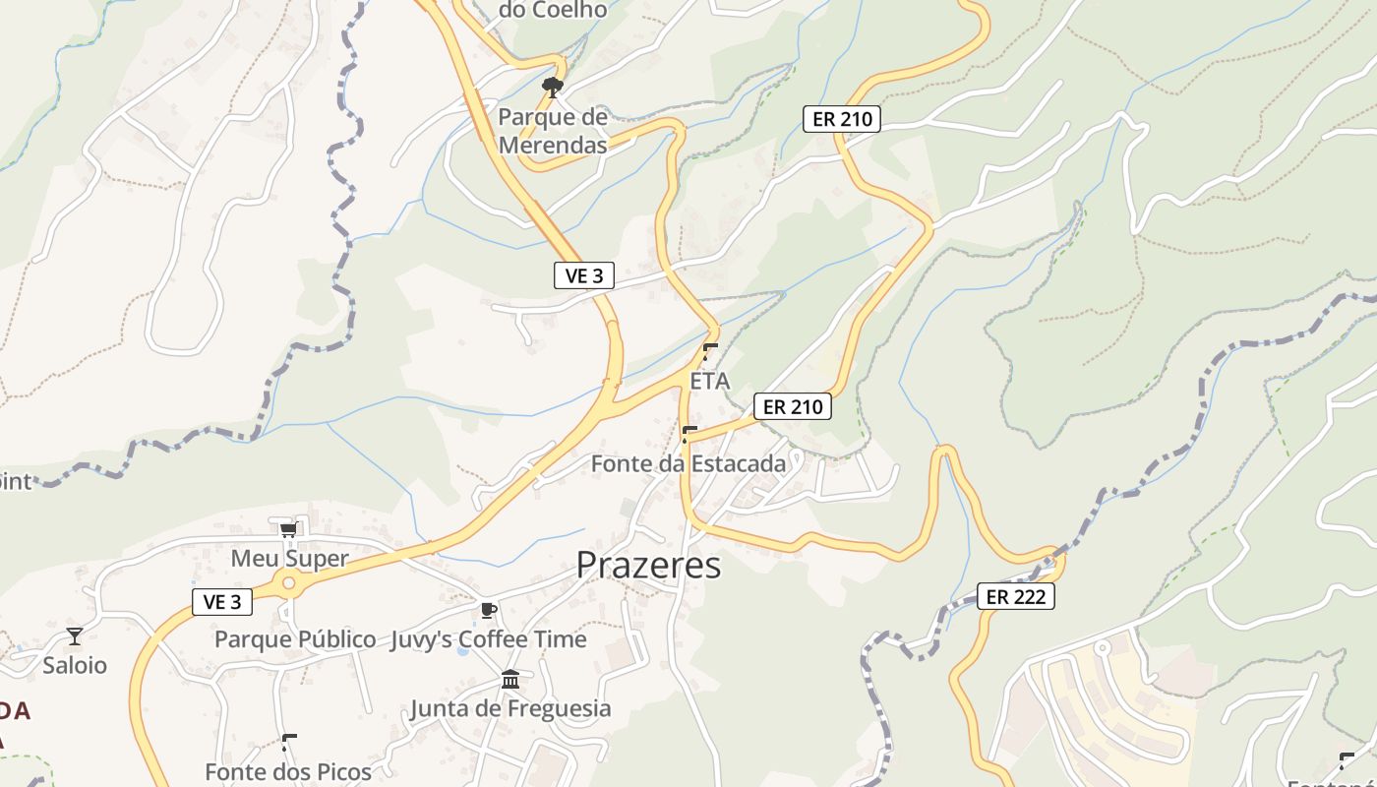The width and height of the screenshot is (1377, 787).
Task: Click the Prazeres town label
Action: click(648, 566)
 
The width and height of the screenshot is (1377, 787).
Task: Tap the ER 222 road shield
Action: click(1016, 596)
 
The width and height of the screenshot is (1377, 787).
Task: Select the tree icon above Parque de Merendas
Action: click(553, 88)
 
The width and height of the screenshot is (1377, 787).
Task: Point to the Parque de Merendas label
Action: click(552, 131)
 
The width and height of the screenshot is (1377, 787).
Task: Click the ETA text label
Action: click(710, 381)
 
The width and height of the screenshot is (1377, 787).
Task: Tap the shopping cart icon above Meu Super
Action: click(288, 531)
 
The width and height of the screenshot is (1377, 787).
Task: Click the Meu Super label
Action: click(289, 559)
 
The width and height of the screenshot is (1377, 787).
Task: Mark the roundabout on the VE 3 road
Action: click(288, 583)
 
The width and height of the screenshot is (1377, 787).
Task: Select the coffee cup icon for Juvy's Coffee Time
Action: click(488, 611)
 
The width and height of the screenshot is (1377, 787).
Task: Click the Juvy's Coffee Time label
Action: click(488, 639)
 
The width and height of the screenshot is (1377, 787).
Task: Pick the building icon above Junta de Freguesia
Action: click(509, 680)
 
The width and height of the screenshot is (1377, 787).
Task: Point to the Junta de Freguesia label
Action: click(509, 708)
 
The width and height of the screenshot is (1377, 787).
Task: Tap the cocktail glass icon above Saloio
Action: click(75, 636)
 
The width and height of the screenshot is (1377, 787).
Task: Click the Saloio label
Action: click(75, 665)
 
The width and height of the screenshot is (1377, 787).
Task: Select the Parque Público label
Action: click(295, 639)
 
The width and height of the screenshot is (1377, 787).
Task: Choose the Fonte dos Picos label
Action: click(288, 772)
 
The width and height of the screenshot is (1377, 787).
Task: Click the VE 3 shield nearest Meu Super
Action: click(222, 602)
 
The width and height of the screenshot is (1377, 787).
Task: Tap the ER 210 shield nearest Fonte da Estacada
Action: click(793, 406)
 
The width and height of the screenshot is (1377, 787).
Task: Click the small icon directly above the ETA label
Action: click(710, 352)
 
